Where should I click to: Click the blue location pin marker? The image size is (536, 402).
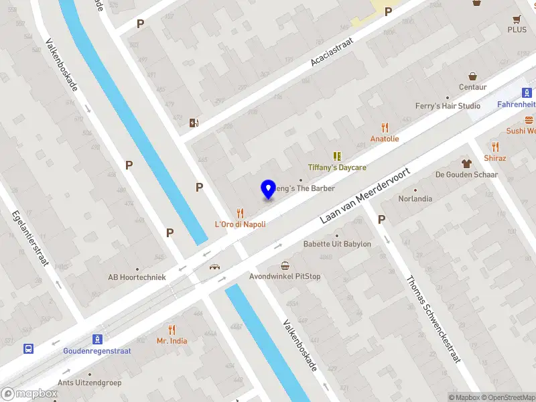click(x=269, y=190)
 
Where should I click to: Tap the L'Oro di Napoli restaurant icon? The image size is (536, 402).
click(x=240, y=213)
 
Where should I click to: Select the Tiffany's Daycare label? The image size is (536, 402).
click(x=337, y=167)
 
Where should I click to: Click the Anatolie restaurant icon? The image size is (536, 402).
click(x=385, y=127)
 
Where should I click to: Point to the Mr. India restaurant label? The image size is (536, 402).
click(x=172, y=340)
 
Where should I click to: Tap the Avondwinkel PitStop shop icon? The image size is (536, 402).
click(x=285, y=265)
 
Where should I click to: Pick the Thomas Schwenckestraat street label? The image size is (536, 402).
click(x=433, y=320)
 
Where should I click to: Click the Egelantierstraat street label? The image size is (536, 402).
click(x=30, y=239)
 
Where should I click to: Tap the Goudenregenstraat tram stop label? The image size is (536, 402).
click(x=97, y=350)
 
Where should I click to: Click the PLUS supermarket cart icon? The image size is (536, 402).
click(x=517, y=19)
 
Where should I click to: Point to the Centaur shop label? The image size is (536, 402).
click(x=472, y=87)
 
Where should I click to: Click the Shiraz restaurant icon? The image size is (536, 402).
click(x=495, y=147)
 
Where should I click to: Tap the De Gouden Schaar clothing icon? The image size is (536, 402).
click(x=467, y=163)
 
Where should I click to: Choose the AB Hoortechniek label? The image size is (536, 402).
click(x=137, y=277)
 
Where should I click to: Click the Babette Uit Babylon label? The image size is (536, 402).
click(x=337, y=244)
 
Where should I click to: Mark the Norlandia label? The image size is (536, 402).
click(x=415, y=199)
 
